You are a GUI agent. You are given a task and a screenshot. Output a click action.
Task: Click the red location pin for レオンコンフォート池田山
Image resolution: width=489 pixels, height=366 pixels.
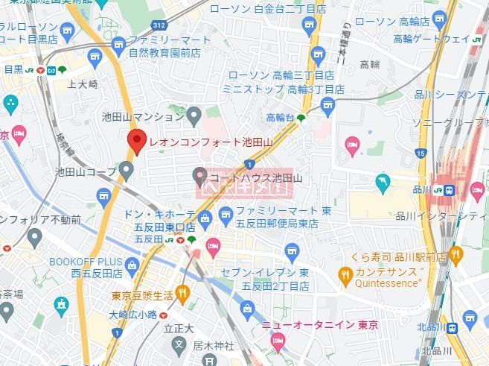(x=135, y=141)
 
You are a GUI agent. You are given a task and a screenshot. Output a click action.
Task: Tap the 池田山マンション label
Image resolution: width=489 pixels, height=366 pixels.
(x=142, y=116)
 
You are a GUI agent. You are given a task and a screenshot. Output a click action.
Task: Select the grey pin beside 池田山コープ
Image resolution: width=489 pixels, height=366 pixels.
(x=127, y=171)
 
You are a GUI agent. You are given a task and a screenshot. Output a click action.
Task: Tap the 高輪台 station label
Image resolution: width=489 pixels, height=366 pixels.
(x=280, y=117)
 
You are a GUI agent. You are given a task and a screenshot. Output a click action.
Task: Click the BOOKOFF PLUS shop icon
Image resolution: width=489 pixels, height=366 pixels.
(x=132, y=263)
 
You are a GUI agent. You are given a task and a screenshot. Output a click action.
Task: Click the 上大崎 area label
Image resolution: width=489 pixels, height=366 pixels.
(x=82, y=84)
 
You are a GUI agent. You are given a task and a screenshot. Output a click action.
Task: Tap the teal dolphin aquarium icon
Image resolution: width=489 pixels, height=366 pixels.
(x=383, y=182)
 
